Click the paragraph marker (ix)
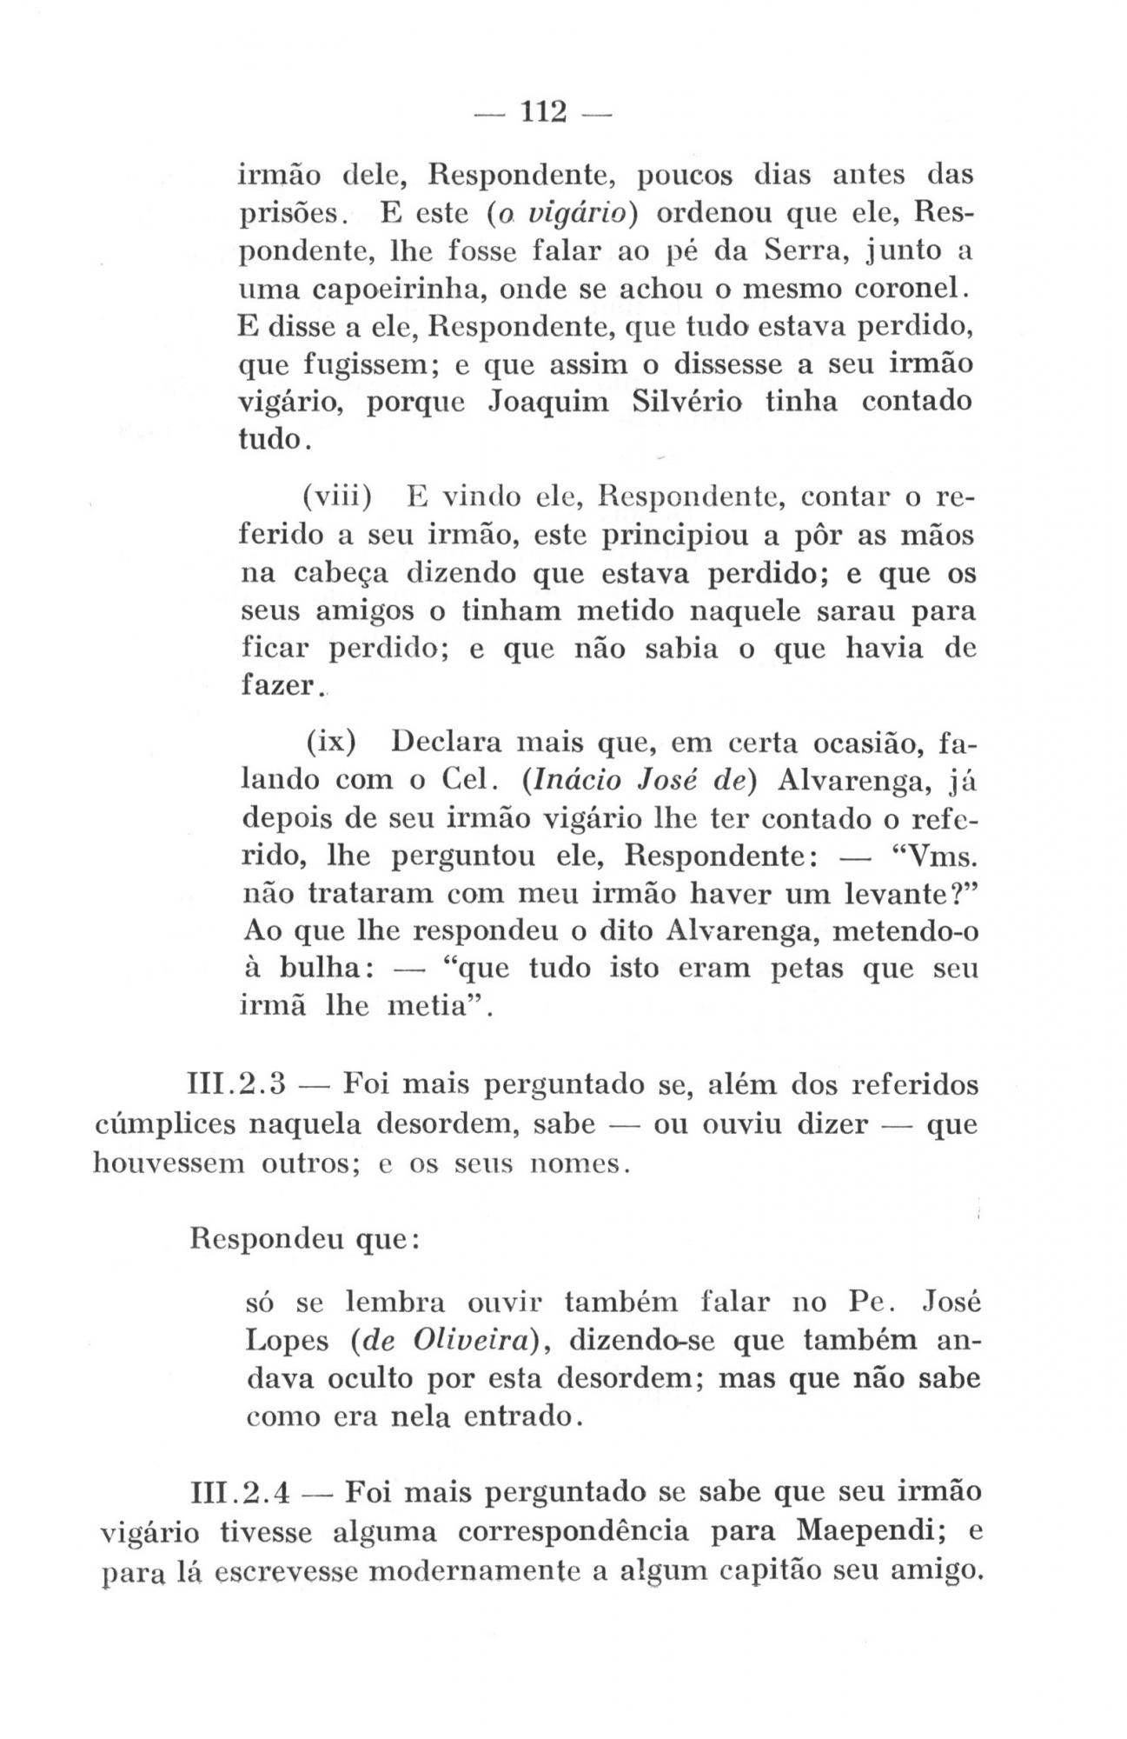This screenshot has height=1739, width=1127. pyautogui.click(x=333, y=745)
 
